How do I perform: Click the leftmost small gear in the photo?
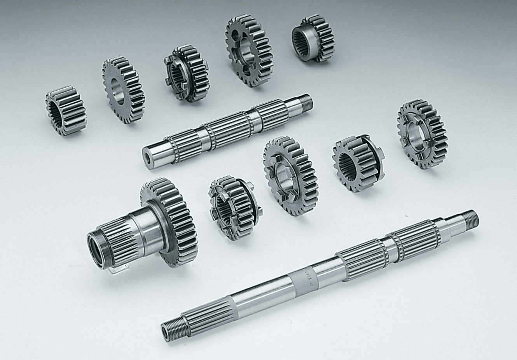65,110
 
